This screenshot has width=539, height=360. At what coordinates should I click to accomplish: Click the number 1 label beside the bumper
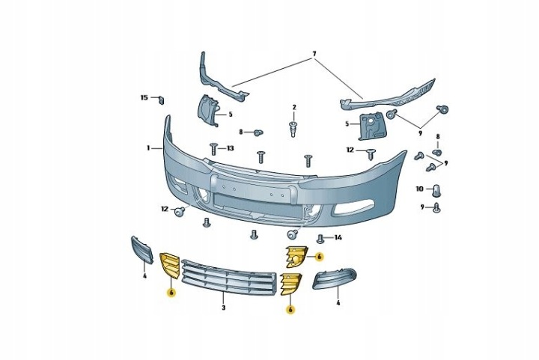point(148,148)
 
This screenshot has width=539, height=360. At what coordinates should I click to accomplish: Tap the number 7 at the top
point(314,55)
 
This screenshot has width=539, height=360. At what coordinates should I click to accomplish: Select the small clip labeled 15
point(161,100)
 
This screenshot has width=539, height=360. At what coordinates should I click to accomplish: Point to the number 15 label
point(144,98)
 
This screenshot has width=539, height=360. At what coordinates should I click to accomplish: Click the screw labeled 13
point(213,149)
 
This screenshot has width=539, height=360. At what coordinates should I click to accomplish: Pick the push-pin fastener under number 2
point(293,129)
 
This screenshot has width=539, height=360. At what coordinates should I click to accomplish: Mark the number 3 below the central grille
point(223,308)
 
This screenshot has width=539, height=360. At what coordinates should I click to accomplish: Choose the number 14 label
point(338,238)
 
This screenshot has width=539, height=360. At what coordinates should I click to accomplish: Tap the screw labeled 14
point(320,239)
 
